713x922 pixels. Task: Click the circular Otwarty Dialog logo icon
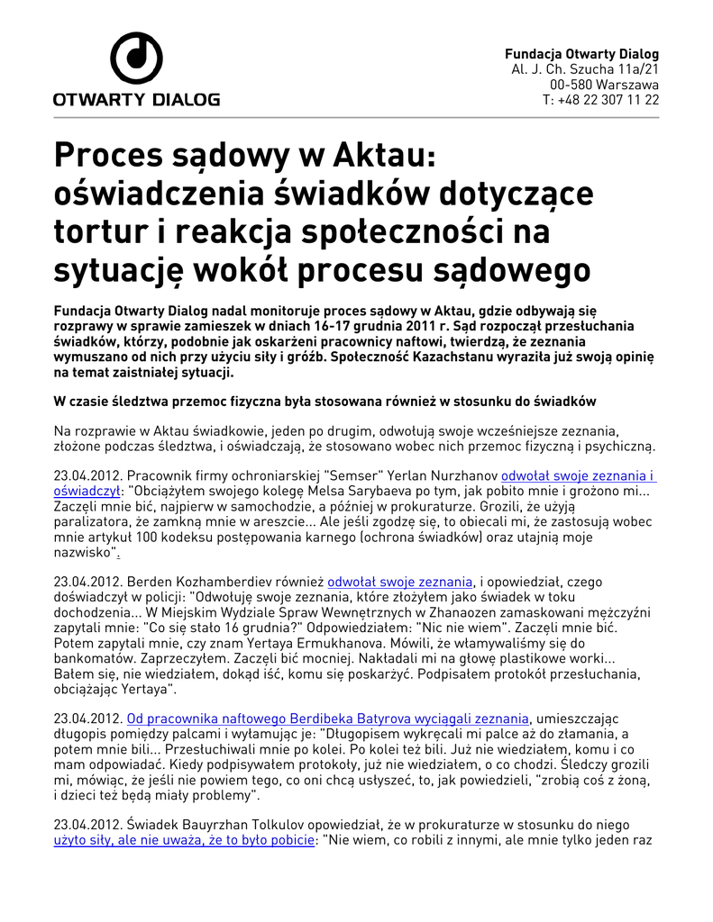coord(136,59)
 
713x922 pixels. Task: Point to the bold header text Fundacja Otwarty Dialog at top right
coord(581,54)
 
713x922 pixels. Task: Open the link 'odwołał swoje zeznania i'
coord(578,475)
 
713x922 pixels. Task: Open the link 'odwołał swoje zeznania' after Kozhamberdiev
coord(399,582)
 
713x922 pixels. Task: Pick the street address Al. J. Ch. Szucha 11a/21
coord(585,69)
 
